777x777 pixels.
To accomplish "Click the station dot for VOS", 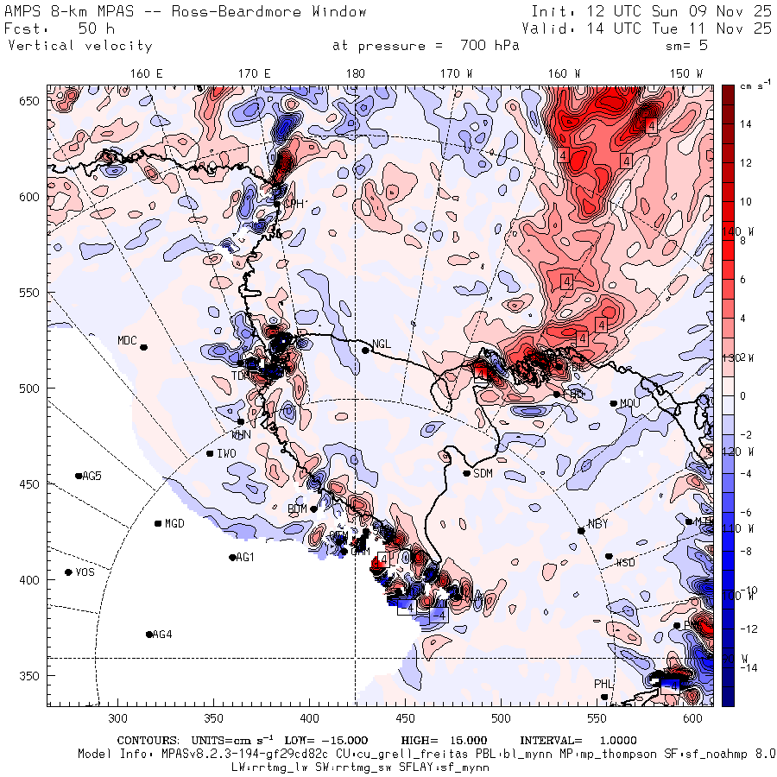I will coord(69,572).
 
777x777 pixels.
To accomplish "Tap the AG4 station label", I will coord(162,635).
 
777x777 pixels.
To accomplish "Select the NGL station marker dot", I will coord(365,350).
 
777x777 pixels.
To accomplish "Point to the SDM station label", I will coord(483,473).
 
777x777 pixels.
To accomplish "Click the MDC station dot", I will coord(143,347).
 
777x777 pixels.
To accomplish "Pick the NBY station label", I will coord(597,524).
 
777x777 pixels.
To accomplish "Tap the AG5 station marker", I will coord(79,476).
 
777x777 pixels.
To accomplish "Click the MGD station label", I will coord(174,524).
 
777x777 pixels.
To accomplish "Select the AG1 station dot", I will coord(232,558).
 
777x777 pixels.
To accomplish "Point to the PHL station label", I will coord(603,684).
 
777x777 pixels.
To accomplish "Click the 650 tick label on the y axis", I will coord(32,102).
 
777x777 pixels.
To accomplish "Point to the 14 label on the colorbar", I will coord(746,124).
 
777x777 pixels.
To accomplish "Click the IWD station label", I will coord(227,453).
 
